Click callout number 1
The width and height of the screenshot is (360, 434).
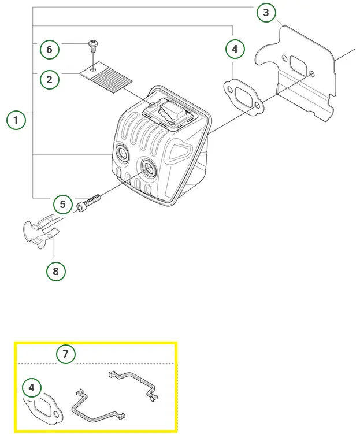point(16,121)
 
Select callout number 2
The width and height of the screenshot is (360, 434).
point(49,79)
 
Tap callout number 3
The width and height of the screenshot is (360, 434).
point(266,12)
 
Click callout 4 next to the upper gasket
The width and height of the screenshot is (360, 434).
point(234,50)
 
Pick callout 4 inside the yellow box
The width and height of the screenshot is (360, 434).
point(32,387)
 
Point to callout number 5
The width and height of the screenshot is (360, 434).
point(64,204)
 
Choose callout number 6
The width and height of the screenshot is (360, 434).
point(49,50)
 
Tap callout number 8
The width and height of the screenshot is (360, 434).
point(56,270)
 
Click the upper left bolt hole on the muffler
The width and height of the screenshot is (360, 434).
point(123,153)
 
